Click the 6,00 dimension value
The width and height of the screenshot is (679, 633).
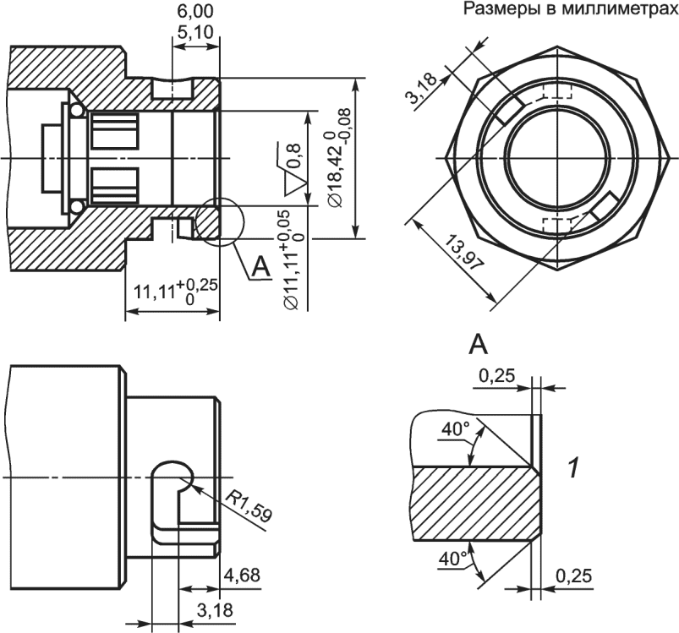click(195, 12)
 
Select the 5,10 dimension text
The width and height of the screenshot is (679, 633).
click(195, 31)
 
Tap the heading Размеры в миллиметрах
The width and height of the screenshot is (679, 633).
click(571, 9)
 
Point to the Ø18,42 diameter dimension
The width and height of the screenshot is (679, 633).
click(338, 157)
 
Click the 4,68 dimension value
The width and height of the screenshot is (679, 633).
click(242, 575)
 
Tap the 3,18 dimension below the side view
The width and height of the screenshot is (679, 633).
click(215, 610)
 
